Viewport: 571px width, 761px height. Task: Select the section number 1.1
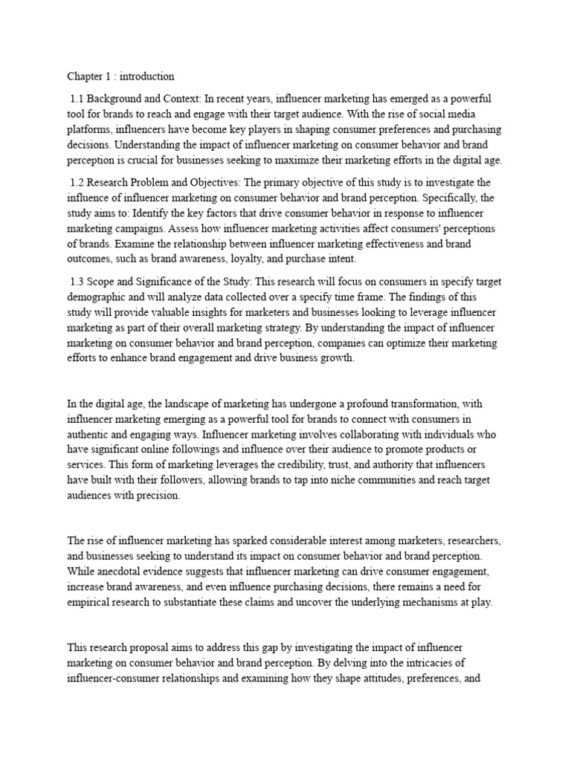77,99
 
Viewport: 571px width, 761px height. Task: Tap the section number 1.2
77,182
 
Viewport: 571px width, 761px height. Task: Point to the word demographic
97,297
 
